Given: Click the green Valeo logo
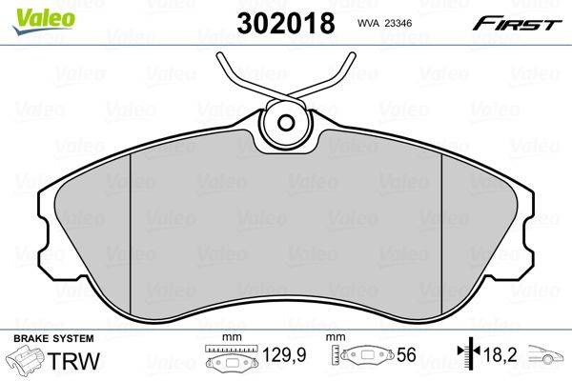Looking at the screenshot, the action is [44, 20].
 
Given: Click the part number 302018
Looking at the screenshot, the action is [286, 23].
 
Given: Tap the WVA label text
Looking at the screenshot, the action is [369, 23].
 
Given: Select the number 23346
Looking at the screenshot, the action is [398, 23].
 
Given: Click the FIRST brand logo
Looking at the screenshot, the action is [517, 24].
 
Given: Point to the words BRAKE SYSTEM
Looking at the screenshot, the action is [53, 338].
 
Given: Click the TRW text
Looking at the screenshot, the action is [74, 361].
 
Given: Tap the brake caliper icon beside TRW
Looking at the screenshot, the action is [27, 359].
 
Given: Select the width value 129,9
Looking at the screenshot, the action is [284, 354].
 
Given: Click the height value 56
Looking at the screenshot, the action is [406, 354].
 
